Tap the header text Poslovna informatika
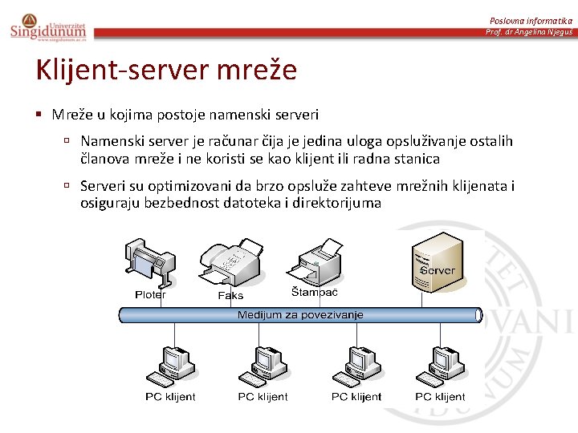pos(531,19)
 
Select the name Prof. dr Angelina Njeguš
pos(529,32)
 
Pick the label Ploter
pos(150,295)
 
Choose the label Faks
pos(230,296)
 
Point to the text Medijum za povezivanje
pos(300,315)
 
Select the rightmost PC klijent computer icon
pos(439,366)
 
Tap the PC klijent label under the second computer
pos(263,397)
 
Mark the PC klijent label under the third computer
pos(356,397)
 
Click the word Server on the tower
pos(438,270)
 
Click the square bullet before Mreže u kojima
pos(39,115)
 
